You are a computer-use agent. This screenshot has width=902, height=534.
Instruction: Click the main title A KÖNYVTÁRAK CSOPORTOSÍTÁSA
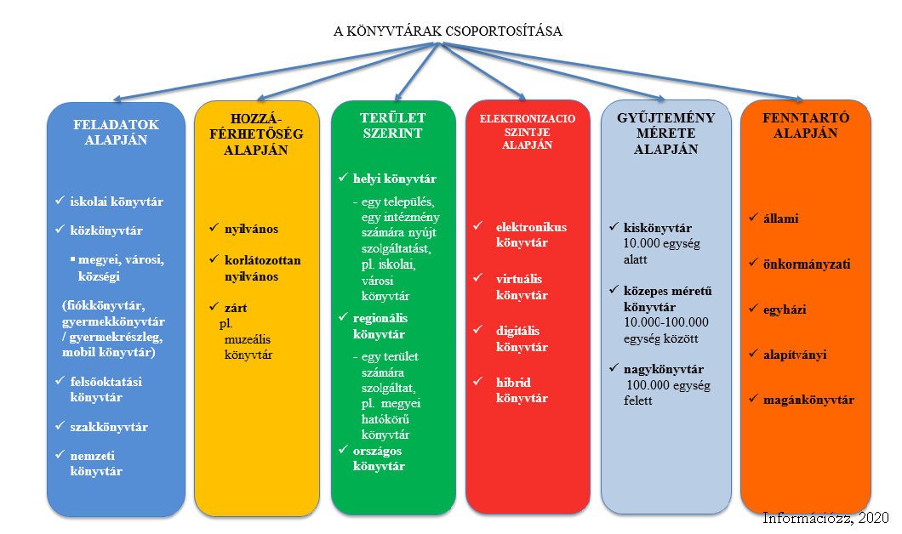pos(448,31)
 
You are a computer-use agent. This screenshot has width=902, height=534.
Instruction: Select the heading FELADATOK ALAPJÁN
pos(116,132)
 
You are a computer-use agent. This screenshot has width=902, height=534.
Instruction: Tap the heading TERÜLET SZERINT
pos(393,125)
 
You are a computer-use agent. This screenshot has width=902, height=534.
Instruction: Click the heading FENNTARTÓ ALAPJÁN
pos(805,125)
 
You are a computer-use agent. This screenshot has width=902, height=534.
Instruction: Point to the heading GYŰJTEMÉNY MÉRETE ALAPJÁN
pos(666,133)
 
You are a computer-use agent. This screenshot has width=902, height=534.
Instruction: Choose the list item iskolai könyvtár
pos(117,202)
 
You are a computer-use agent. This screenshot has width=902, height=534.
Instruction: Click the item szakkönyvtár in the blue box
pos(109,427)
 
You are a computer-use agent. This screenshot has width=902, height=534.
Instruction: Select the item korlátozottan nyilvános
pos(262,269)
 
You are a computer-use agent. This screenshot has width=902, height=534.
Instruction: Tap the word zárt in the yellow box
pos(236,308)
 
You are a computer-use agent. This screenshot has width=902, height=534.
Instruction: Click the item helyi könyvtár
pos(395,179)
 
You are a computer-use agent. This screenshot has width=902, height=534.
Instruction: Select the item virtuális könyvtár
pos(522,287)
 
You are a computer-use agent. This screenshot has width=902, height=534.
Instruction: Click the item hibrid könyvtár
pos(522,390)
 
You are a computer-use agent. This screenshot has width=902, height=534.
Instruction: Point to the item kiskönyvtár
pos(658,228)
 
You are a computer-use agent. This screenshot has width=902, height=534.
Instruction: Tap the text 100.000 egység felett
pos(667,393)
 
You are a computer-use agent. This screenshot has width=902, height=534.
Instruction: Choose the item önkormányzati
pos(807,264)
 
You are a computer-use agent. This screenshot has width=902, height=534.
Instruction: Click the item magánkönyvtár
pos(808,400)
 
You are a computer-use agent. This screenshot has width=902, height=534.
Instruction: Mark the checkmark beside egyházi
pos(754,309)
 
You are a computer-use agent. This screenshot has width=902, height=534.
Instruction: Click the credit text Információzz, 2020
pos(826,518)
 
